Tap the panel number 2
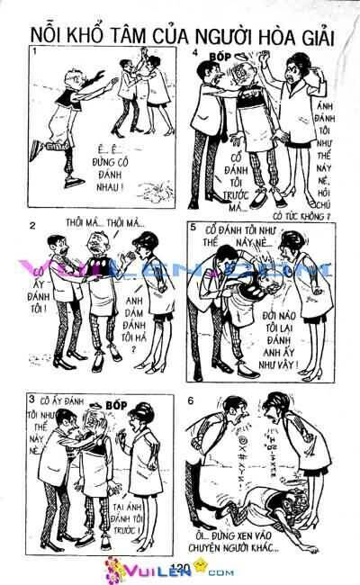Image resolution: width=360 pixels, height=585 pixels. coord(33,225)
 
